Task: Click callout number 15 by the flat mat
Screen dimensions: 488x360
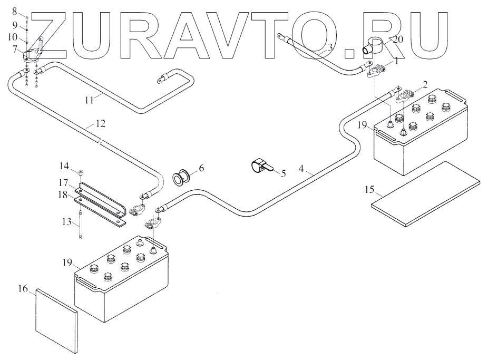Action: (x=370, y=189)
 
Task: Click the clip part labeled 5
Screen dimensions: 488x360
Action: (x=260, y=166)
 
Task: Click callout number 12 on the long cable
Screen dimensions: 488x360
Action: (x=100, y=124)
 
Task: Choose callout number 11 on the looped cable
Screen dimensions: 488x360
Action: (x=91, y=98)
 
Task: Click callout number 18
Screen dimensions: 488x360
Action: (x=64, y=195)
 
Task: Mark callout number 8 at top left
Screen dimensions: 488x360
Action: (x=14, y=11)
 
